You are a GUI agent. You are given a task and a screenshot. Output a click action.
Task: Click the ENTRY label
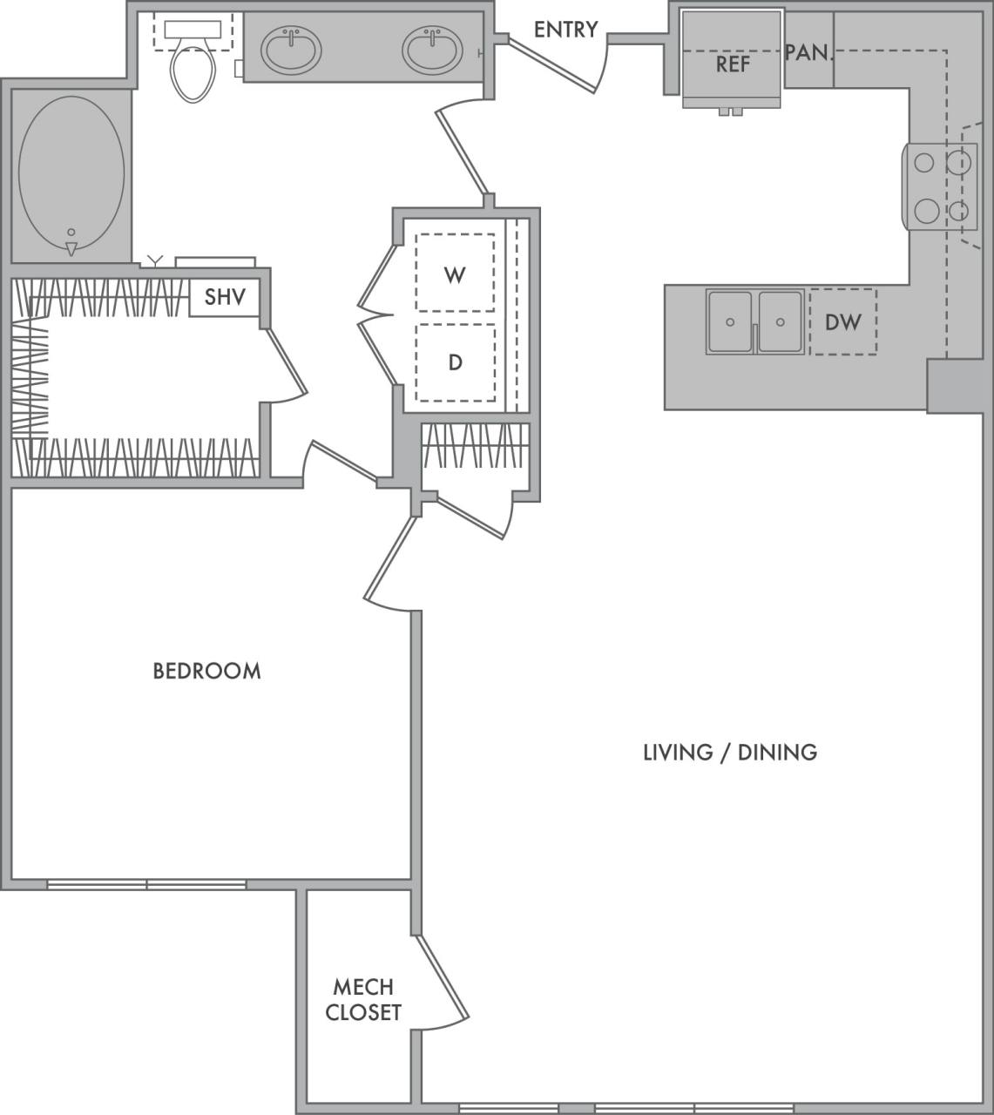click(x=565, y=30)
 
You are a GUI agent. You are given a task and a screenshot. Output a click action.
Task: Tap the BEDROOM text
click(x=206, y=671)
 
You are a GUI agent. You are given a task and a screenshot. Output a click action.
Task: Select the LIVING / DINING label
click(x=729, y=752)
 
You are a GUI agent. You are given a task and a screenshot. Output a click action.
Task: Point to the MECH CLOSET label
click(x=362, y=999)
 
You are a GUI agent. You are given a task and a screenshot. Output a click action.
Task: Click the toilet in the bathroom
click(x=193, y=65)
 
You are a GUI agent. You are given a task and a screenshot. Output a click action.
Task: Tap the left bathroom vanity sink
click(x=292, y=50)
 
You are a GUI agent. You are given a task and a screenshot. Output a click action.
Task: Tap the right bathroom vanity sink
click(x=432, y=50)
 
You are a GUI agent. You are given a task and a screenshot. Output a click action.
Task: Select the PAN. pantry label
click(x=808, y=52)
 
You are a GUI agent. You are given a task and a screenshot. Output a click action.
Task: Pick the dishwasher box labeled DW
click(x=842, y=322)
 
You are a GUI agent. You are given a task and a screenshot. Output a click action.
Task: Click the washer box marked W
click(x=455, y=274)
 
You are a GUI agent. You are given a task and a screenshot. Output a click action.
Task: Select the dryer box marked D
click(x=455, y=362)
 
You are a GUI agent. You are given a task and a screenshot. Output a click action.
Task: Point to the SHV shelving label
click(x=225, y=297)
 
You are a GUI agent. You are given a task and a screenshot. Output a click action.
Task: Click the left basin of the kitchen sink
click(x=730, y=321)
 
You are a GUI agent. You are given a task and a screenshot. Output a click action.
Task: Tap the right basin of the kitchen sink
click(x=781, y=321)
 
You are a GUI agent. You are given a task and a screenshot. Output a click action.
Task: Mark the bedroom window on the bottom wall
click(x=146, y=884)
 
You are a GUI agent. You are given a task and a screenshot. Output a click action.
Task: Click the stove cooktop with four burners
click(x=940, y=186)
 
